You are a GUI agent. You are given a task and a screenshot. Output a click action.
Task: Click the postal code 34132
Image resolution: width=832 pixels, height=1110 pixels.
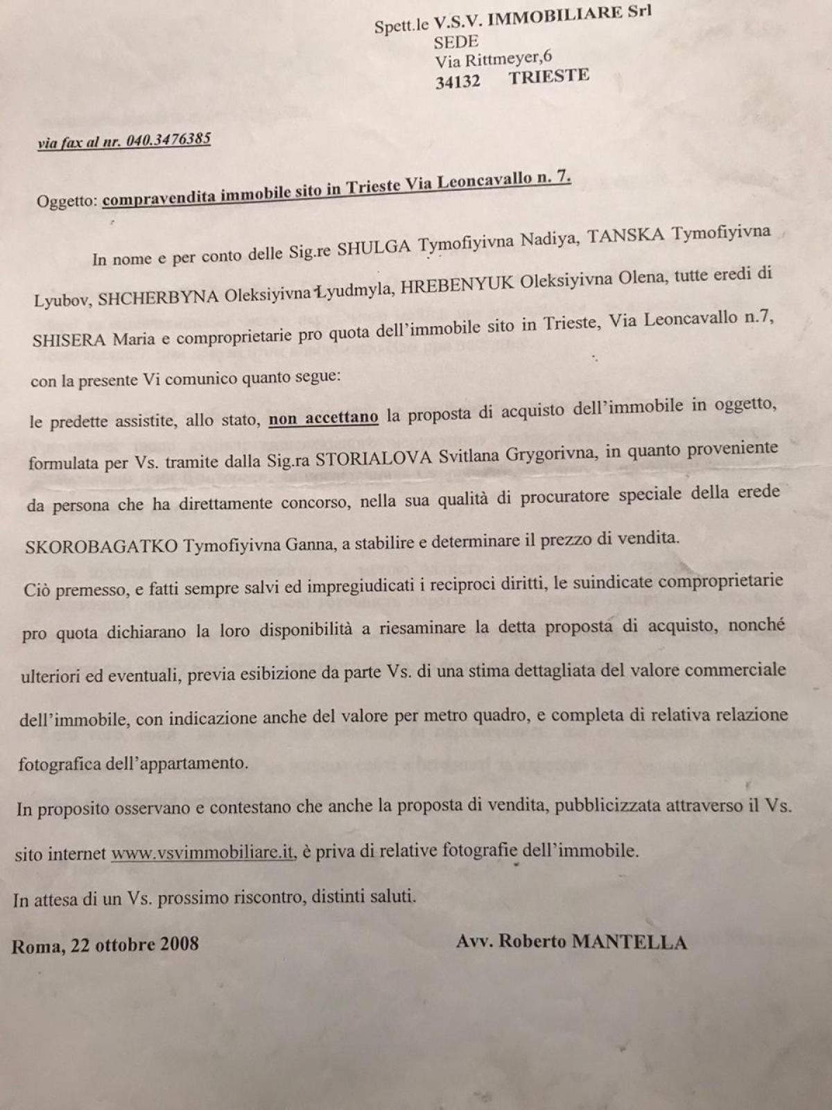pos(458,81)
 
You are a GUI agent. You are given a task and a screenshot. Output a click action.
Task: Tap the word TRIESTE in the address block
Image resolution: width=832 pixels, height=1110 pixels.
pos(549,76)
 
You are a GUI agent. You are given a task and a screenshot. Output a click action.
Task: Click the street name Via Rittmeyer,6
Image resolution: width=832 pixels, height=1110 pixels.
pos(494,58)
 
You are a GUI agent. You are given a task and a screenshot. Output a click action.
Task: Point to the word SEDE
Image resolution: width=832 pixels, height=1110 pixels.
pos(456,42)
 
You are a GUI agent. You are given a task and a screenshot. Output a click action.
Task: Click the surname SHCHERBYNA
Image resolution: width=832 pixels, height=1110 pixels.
pos(159,297)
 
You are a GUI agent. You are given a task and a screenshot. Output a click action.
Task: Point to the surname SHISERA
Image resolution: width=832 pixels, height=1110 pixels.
pos(69,341)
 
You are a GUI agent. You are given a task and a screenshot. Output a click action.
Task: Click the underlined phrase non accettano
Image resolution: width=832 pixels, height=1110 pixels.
pos(324,418)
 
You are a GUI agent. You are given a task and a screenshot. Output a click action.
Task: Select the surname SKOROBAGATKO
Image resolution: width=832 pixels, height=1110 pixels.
pos(101,545)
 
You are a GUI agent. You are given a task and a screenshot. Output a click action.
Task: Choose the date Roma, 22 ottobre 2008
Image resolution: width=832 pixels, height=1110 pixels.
pos(105,944)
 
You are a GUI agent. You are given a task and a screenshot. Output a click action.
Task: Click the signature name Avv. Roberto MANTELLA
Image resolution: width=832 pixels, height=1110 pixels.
pos(571,941)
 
